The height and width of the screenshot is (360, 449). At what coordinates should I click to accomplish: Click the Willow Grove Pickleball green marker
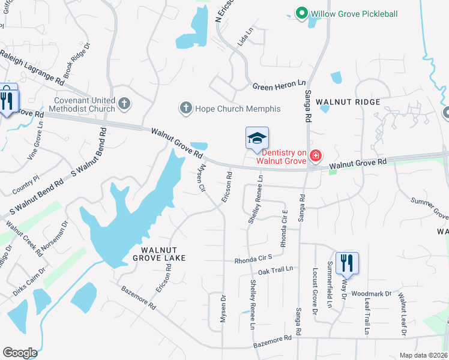(x=301, y=13)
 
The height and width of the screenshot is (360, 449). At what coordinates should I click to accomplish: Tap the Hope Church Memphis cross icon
(x=185, y=108)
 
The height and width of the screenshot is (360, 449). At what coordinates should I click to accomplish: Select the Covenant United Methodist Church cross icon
(x=124, y=104)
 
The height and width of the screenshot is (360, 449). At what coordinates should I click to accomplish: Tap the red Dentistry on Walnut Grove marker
(x=315, y=157)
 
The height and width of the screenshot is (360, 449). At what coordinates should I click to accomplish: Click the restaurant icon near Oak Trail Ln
(x=347, y=262)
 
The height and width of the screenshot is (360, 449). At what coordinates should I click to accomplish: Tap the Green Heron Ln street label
(x=279, y=86)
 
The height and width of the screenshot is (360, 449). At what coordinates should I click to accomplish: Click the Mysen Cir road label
(x=202, y=178)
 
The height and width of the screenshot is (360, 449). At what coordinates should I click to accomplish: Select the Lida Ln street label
(x=243, y=41)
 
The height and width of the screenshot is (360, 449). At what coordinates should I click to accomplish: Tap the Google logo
(x=20, y=353)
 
